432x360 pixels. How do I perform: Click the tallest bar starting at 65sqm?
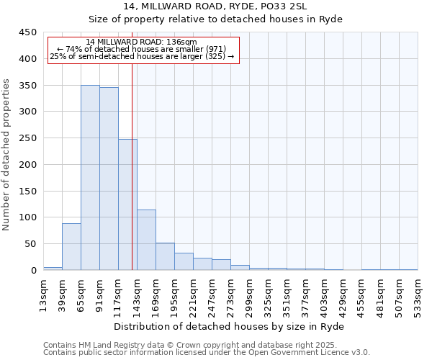pos(90,178)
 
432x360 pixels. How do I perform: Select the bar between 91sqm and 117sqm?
pos(109,179)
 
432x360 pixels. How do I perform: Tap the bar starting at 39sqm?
pos(71,247)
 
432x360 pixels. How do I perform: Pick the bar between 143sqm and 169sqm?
pos(146,240)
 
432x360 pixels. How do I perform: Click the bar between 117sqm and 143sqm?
pos(127,204)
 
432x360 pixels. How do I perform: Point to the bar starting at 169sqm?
pos(165,256)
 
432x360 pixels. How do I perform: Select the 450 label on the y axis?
pos(28,32)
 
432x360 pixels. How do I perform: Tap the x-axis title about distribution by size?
pos(230,326)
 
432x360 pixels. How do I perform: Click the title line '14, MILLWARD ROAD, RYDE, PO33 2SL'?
pos(215,6)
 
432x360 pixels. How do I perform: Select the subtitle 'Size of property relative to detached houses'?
pos(215,19)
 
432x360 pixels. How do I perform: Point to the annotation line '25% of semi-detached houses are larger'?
pos(142,56)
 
